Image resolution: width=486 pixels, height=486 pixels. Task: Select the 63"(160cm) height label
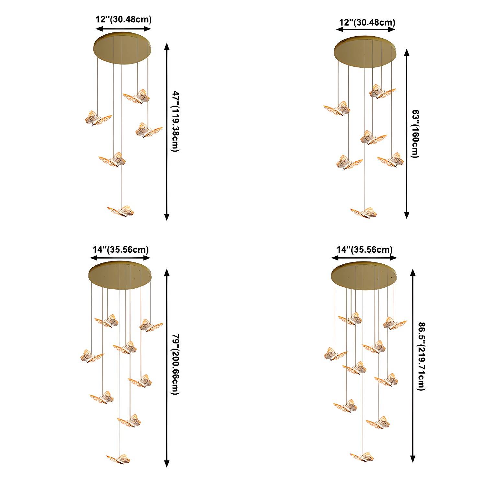pos(415,134)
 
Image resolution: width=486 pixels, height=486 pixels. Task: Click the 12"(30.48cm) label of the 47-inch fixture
pos(123,19)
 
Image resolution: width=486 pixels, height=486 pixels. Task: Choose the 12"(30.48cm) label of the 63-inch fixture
pos(367,22)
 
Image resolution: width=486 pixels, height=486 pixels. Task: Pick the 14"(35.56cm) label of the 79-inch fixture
pos(121,249)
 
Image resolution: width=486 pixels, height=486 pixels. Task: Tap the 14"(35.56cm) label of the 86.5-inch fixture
pos(364,249)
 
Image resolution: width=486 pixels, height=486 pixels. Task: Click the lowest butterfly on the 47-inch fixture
pos(121,211)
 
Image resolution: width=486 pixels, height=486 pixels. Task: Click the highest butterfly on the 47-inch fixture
pos(136,96)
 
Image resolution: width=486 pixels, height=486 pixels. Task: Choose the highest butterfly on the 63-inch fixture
pos(382,91)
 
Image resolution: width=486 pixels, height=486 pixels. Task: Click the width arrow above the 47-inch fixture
pos(123,29)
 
